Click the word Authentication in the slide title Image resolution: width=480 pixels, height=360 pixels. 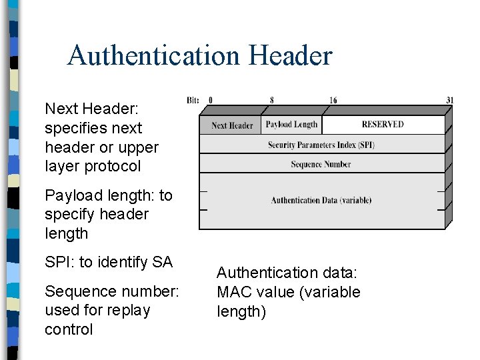click(x=154, y=55)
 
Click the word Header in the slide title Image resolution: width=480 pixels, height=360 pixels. click(x=290, y=55)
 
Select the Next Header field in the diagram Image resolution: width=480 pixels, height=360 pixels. click(x=231, y=125)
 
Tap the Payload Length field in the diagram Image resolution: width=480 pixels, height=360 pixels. click(x=291, y=125)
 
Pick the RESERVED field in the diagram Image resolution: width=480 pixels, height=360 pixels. click(x=383, y=125)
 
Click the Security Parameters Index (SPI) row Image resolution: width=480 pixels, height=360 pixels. click(x=321, y=145)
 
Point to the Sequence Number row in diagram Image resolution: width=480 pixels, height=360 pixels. click(x=321, y=164)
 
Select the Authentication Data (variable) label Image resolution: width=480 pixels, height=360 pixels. click(x=321, y=200)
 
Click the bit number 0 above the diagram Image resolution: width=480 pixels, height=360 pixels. click(x=211, y=101)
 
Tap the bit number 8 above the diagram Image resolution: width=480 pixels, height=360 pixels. click(x=271, y=101)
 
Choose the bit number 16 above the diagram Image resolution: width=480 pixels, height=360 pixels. click(x=333, y=101)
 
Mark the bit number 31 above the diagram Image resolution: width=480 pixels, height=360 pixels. click(x=449, y=101)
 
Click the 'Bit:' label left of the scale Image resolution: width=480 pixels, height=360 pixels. click(x=193, y=101)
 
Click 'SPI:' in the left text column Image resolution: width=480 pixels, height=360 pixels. click(x=60, y=263)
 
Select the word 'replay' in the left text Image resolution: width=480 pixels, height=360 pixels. click(x=131, y=311)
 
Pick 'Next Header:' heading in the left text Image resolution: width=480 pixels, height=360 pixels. click(x=80, y=109)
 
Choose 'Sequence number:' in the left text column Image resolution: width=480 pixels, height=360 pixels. click(x=111, y=292)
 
